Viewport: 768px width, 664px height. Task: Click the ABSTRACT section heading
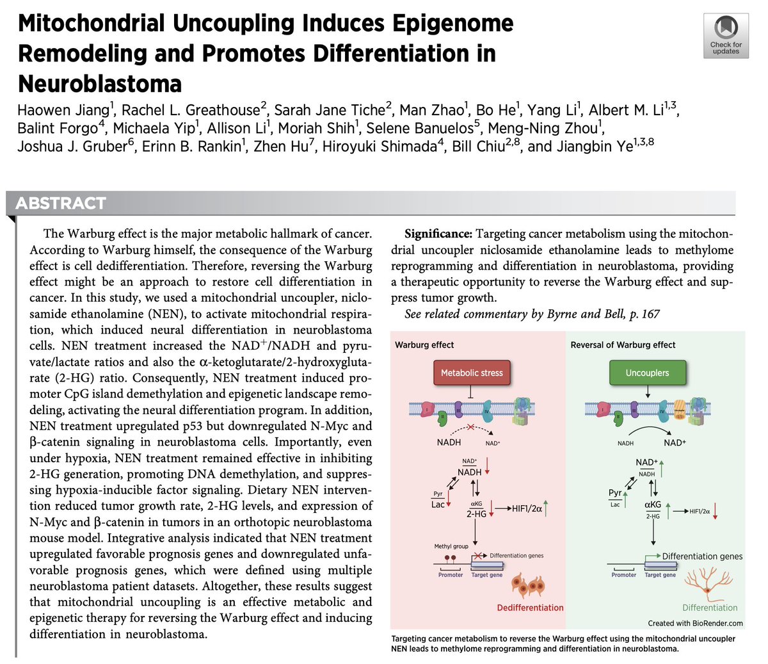61,204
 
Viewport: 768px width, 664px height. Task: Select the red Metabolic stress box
472,373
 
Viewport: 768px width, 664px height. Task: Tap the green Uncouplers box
647,373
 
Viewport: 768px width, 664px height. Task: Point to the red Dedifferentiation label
530,608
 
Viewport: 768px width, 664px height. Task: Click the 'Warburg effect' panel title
424,344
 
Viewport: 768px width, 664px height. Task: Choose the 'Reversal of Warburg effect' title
623,344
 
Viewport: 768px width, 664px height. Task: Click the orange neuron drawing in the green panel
706,585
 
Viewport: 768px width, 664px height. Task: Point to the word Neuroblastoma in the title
100,83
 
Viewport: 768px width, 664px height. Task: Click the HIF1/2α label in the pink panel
527,509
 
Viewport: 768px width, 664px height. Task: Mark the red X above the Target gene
477,555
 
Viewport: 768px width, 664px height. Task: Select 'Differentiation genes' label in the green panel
702,556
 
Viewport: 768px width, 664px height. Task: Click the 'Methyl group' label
451,546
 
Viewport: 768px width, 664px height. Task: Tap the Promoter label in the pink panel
451,575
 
